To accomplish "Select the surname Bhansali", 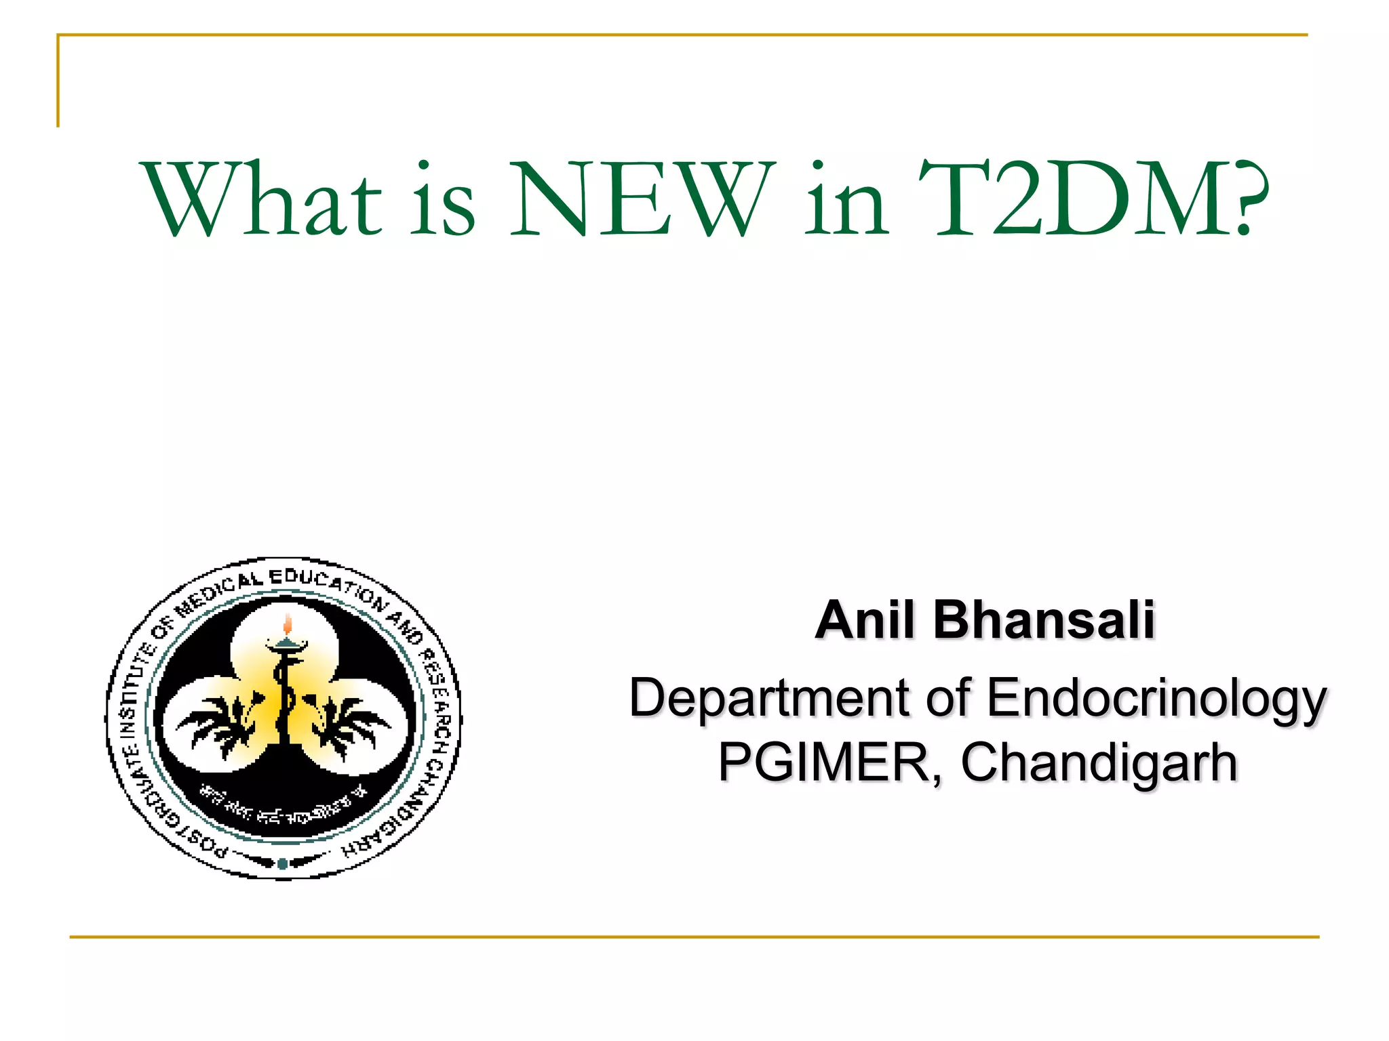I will pos(1044,619).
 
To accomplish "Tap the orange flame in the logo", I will pos(288,624).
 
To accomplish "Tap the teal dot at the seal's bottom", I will pos(282,864).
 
